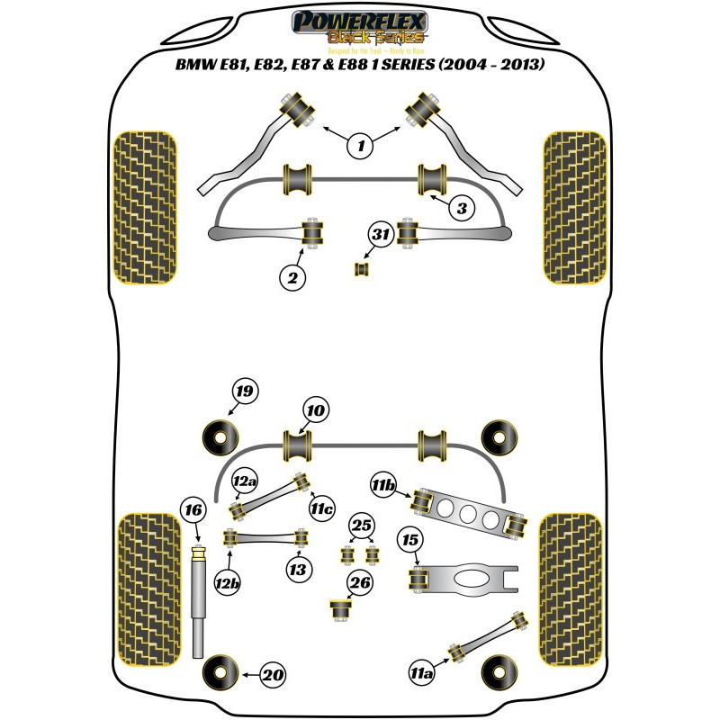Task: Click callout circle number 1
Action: (361, 145)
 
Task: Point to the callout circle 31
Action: (382, 237)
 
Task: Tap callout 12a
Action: (245, 482)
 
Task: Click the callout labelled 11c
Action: (324, 510)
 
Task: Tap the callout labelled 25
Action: (361, 525)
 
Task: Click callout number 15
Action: (410, 540)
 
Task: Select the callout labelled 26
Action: (361, 583)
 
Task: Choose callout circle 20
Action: (274, 673)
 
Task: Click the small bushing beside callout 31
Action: (364, 268)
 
